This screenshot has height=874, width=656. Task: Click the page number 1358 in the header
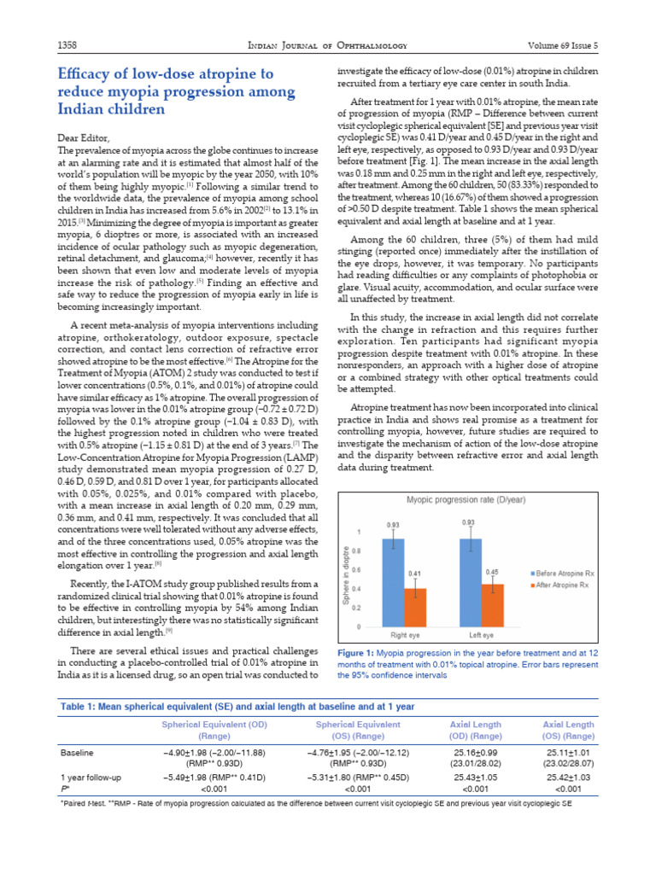click(67, 44)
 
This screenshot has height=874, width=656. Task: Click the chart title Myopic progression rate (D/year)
click(466, 498)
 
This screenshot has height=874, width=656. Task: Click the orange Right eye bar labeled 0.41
click(414, 607)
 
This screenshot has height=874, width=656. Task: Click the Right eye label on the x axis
click(404, 636)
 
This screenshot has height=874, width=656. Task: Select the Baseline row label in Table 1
click(78, 753)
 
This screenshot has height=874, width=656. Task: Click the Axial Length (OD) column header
click(476, 730)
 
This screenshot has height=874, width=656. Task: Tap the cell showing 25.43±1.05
click(476, 778)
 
